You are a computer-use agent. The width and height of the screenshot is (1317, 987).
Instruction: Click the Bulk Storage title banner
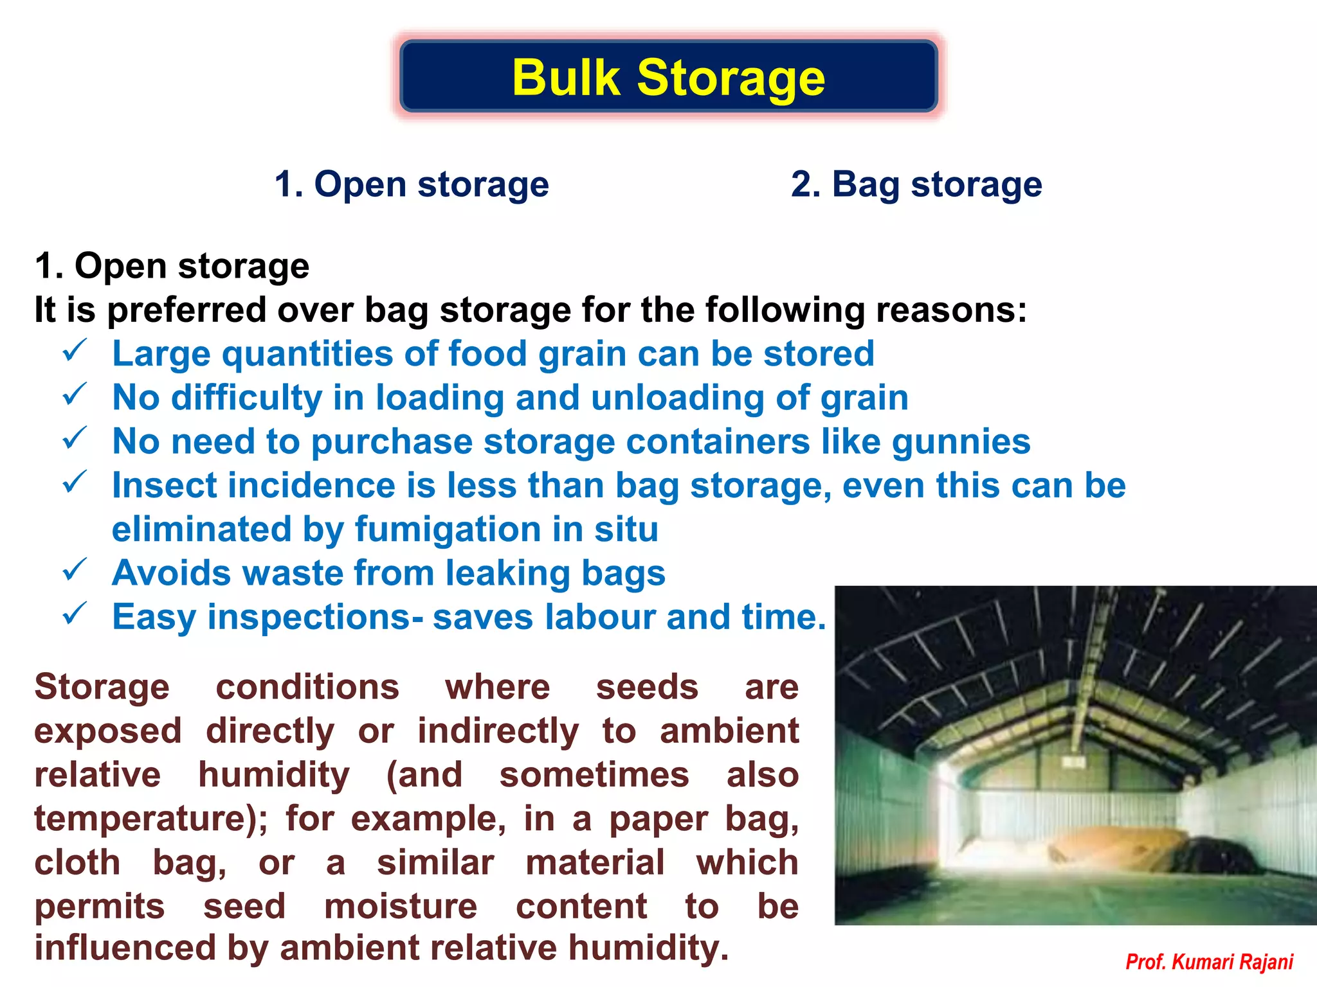(x=668, y=77)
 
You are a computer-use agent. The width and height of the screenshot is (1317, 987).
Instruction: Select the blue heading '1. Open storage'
(x=412, y=184)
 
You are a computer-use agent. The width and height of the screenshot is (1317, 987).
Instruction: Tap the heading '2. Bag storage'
(x=916, y=184)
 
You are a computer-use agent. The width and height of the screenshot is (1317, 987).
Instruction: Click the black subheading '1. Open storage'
(x=172, y=266)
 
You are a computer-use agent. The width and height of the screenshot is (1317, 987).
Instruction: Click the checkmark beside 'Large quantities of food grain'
(x=75, y=351)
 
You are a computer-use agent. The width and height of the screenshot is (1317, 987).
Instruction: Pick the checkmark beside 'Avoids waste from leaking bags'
(x=75, y=570)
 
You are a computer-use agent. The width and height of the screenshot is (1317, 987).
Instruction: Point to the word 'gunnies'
(x=961, y=442)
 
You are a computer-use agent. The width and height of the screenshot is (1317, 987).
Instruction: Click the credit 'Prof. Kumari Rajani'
(x=1209, y=962)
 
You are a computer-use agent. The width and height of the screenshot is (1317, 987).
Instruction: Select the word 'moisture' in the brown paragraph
(x=401, y=907)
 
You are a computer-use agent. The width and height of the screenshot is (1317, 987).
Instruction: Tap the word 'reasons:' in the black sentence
(x=951, y=310)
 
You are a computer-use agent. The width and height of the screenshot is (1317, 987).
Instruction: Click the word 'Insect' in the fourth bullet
(x=165, y=486)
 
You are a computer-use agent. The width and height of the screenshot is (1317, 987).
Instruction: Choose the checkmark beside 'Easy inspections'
(x=75, y=614)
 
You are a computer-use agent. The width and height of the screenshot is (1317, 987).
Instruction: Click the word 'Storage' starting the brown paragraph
(x=102, y=687)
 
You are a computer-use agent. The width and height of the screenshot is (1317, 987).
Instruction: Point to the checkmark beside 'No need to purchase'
(x=75, y=439)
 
